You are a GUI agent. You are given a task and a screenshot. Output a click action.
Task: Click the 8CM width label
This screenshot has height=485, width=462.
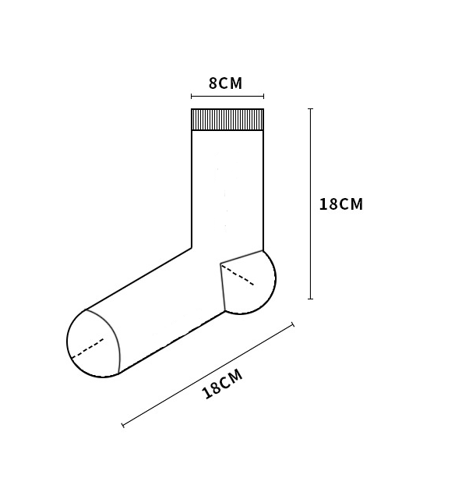pyautogui.click(x=225, y=83)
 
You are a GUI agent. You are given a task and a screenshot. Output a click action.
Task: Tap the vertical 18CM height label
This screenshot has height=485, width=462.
pyautogui.click(x=341, y=204)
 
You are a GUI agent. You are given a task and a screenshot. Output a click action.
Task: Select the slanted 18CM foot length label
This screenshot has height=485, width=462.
pyautogui.click(x=222, y=384)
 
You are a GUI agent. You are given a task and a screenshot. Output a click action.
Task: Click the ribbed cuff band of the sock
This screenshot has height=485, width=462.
pyautogui.click(x=227, y=119)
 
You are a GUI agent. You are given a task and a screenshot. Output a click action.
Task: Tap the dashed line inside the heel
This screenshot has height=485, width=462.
pyautogui.click(x=238, y=274)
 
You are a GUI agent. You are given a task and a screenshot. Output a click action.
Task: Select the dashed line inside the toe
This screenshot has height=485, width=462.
pyautogui.click(x=87, y=349)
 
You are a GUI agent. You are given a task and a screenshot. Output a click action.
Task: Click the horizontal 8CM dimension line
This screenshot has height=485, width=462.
pyautogui.click(x=227, y=96)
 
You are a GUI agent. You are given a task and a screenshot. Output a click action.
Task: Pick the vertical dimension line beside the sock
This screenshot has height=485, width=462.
pyautogui.click(x=311, y=204)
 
